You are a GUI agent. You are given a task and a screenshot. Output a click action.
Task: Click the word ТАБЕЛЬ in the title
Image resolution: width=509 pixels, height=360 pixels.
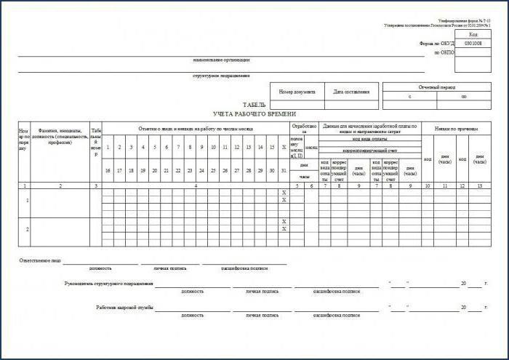point(254,105)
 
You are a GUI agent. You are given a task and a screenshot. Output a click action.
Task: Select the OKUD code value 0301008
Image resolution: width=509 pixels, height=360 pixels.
point(473,43)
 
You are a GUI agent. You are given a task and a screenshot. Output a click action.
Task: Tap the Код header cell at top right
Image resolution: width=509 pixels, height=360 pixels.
point(473,34)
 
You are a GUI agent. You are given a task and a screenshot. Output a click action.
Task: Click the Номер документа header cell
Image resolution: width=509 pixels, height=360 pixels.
point(297,92)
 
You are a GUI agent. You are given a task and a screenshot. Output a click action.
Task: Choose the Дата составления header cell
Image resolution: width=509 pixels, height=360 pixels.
point(352,92)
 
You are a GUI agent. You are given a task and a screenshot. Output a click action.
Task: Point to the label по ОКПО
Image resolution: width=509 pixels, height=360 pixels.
point(444,53)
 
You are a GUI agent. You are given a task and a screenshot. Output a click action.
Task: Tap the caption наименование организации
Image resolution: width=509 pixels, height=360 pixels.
point(222,60)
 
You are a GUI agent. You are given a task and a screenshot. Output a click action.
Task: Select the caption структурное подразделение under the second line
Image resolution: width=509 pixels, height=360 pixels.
point(222,76)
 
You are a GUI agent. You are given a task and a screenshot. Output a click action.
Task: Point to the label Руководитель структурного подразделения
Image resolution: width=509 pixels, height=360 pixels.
point(109,283)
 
